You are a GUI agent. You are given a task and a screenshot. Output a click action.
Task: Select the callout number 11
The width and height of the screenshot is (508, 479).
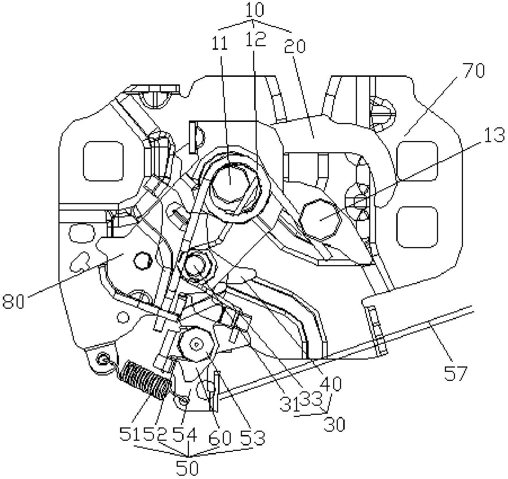click(x=220, y=44)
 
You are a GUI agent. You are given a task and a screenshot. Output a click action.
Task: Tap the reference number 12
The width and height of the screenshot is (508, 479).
click(x=255, y=39)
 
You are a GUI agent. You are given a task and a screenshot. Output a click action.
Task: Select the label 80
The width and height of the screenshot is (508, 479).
click(x=13, y=301)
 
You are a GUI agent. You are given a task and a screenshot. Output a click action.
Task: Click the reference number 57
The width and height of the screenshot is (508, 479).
click(x=456, y=374)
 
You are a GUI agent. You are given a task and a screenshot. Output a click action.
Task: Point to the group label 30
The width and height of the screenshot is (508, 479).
click(x=334, y=425)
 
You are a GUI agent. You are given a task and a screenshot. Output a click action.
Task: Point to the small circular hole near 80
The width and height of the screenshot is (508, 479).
click(x=141, y=261)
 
